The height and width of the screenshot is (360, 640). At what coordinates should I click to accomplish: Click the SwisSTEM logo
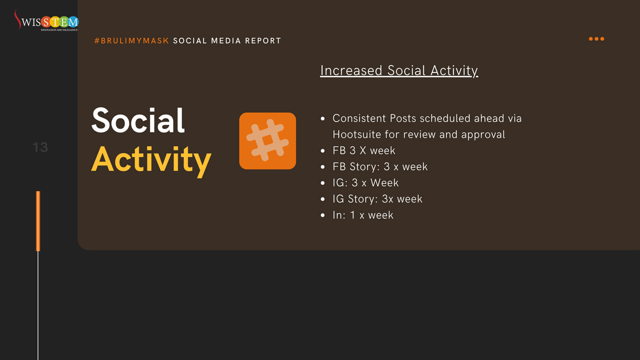click(46, 20)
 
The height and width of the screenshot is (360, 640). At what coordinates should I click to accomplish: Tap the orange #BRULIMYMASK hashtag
click(132, 41)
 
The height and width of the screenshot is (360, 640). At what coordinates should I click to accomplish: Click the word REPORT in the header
click(263, 41)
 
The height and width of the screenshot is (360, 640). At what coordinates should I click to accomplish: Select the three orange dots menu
click(596, 39)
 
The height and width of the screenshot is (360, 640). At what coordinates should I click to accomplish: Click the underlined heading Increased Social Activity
click(399, 70)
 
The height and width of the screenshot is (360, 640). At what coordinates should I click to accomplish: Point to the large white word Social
click(138, 120)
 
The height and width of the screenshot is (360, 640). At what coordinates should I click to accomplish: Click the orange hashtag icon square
click(267, 141)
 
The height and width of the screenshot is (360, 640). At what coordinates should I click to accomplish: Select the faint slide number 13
click(40, 147)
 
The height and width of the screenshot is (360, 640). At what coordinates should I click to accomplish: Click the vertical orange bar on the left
click(38, 221)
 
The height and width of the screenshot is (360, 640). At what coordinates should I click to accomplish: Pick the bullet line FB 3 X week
click(364, 151)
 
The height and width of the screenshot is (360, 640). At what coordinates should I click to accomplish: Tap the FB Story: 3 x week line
click(380, 167)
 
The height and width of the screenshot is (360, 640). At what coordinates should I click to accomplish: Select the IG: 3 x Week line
click(365, 183)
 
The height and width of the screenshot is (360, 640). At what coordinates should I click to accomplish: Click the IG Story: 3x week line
click(377, 199)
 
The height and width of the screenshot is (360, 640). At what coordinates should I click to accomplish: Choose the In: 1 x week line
click(363, 215)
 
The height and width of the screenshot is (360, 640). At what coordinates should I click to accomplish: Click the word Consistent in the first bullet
click(359, 118)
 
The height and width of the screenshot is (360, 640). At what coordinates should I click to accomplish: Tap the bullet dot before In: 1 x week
click(323, 215)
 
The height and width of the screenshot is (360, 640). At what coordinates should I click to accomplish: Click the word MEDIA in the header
click(226, 41)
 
